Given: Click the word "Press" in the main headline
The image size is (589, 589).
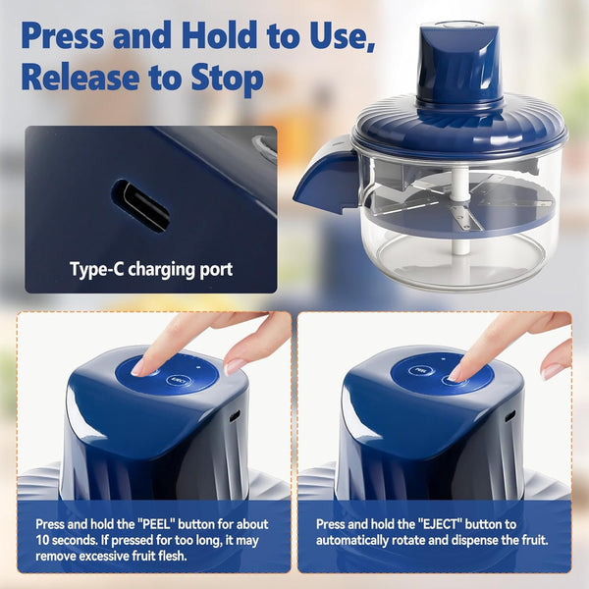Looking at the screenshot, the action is (63, 35).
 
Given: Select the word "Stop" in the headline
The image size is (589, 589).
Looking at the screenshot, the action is (227, 79).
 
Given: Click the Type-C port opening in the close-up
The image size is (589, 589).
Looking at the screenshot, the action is (140, 205).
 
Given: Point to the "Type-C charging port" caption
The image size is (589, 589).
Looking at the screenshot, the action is (151, 269).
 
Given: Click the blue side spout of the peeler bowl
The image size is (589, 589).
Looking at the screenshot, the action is (326, 180).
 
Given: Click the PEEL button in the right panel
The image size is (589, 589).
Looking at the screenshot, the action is (420, 371).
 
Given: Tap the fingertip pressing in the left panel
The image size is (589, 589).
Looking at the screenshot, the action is (139, 368).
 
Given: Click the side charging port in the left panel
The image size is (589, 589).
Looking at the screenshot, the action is (235, 416).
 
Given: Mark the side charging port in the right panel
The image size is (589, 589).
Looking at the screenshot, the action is (510, 416).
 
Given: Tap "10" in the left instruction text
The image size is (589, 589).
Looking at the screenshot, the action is (42, 540).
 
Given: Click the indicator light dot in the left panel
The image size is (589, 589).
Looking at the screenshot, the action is (198, 368).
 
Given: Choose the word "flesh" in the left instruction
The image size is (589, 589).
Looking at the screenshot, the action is (169, 556).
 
